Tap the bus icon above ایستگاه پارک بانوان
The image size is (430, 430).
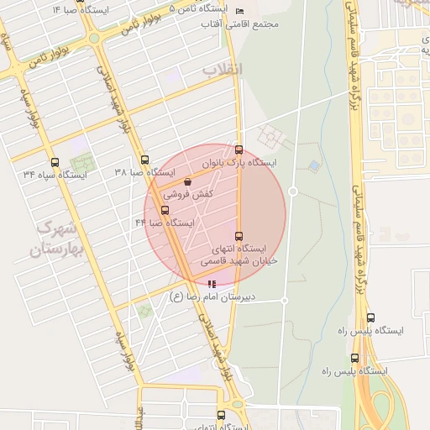click(239, 149)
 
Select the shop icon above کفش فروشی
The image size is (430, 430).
click(186, 181)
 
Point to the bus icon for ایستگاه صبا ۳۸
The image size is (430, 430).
click(145, 160)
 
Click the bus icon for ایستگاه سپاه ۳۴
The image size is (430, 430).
click(55, 162)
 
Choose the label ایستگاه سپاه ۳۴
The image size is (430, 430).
click(55, 175)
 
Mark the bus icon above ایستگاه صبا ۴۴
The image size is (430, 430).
click(165, 209)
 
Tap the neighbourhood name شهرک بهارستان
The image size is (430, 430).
click(57, 239)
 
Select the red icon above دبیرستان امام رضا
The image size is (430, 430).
click(210, 283)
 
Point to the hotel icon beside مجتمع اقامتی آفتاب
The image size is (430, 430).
click(239, 11)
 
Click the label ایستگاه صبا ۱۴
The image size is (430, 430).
click(81, 10)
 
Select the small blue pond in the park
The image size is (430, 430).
click(313, 165)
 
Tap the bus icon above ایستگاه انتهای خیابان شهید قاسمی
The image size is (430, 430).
click(239, 236)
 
